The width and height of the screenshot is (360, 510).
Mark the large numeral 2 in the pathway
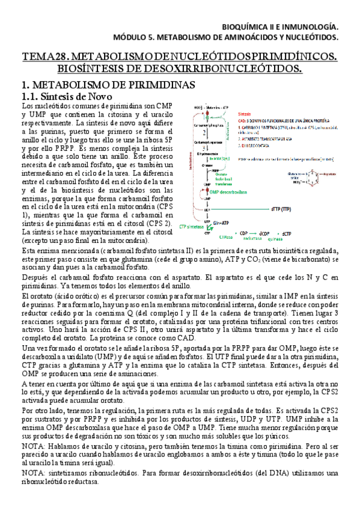[x=205, y=132]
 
